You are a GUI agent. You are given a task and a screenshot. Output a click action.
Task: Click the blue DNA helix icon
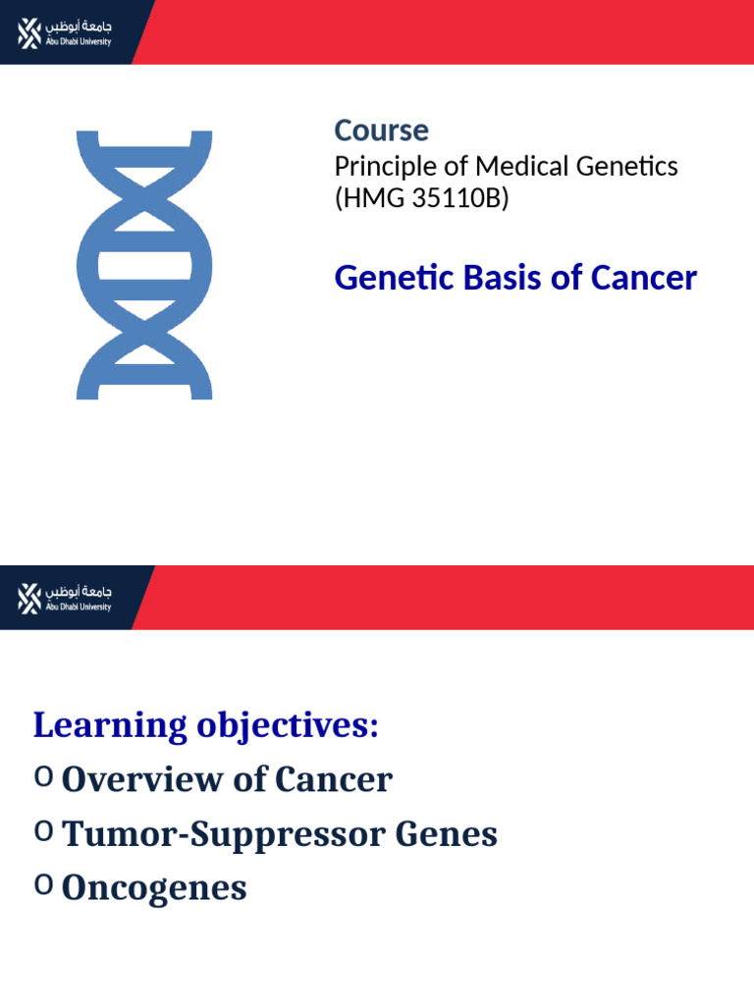144,265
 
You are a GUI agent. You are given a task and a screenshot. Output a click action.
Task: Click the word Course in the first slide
381,131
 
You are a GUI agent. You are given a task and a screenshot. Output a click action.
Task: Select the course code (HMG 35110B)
421,199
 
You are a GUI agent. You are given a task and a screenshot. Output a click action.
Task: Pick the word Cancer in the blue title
643,278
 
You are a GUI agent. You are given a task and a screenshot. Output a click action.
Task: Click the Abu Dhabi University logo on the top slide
65,32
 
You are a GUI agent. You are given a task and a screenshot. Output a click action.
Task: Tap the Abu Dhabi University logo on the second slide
65,598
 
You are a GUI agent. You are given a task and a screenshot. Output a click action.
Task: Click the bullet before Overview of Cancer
43,776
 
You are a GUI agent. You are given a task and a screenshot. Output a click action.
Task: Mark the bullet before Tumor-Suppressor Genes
43,831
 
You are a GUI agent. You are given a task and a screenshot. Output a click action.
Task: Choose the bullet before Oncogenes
43,885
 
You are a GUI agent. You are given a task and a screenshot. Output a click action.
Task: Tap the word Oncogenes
154,889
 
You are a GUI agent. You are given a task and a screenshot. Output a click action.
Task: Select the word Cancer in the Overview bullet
334,780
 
